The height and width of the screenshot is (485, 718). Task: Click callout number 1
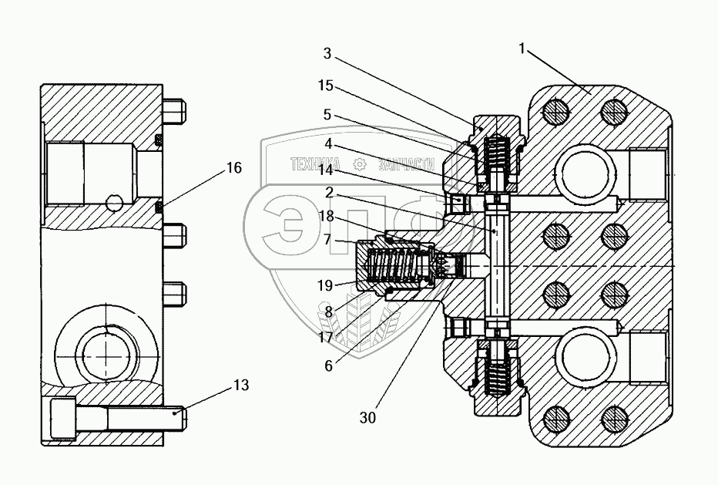522,49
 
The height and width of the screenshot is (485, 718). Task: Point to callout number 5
327,114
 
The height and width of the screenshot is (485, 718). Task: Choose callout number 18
327,217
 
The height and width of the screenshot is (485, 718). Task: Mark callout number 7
327,240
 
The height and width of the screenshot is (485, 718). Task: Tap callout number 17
327,337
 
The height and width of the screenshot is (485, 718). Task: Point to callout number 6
328,366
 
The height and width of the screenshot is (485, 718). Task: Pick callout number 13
241,386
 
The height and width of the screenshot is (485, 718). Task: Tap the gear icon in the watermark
359,164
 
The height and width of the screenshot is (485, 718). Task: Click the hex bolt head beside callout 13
62,419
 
